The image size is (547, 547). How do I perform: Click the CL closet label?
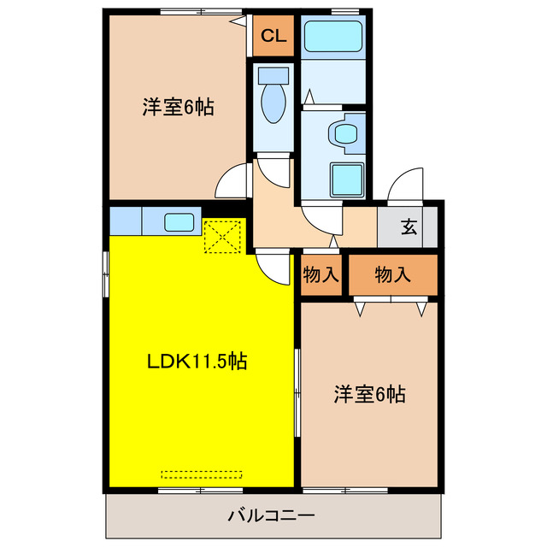(x=273, y=36)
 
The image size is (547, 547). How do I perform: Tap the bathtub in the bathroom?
(x=332, y=37)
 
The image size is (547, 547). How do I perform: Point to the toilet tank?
(x=274, y=74)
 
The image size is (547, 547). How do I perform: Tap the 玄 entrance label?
(x=409, y=227)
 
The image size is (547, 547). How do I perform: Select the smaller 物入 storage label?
(x=321, y=274)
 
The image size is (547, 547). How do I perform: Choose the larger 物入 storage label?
(x=392, y=274)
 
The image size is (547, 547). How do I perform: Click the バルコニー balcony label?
(x=271, y=516)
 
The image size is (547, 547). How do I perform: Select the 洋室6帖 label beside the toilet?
(x=178, y=109)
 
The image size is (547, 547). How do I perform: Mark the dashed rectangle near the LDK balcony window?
(x=203, y=473)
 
